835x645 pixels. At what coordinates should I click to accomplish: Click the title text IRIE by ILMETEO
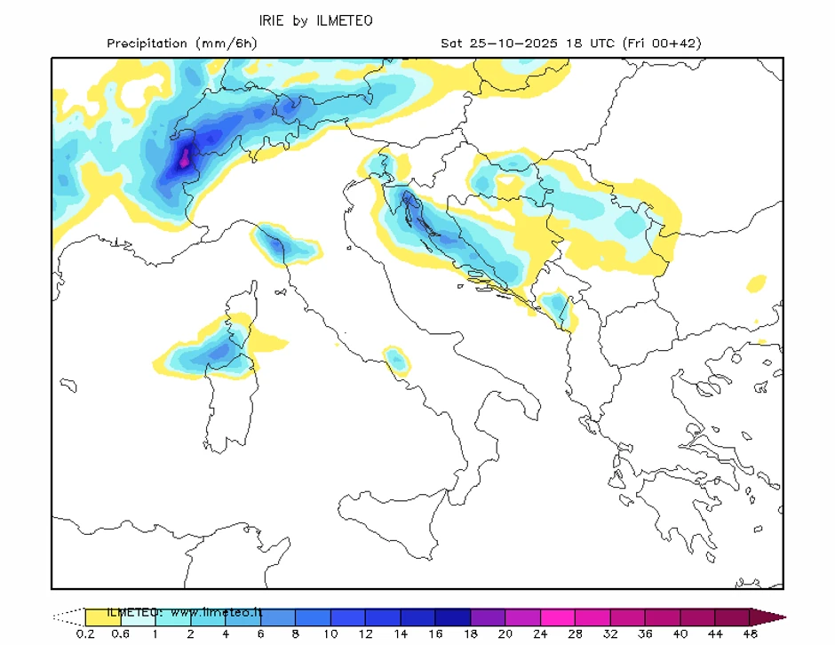point(315,20)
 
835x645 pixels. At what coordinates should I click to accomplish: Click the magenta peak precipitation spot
point(185,159)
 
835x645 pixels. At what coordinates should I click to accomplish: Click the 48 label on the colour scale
point(750,633)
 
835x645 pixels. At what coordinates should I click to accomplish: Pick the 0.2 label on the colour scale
point(85,633)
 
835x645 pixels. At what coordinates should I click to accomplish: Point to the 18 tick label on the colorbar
point(470,633)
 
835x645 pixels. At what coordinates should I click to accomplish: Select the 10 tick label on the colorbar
point(330,633)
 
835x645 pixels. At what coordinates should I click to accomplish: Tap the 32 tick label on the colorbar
point(609,633)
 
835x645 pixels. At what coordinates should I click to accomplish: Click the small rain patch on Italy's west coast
point(395,360)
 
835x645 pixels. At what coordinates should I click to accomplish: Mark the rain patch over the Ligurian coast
point(285,244)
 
